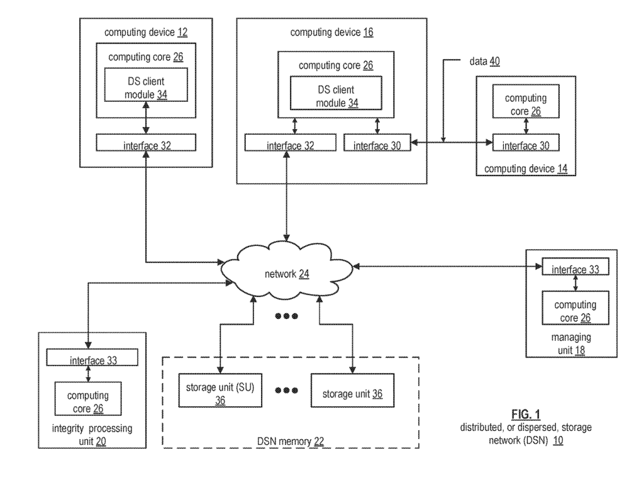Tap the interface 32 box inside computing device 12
click(145, 144)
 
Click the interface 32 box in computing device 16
click(289, 144)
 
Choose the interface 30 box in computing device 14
click(526, 144)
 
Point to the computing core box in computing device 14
click(526, 104)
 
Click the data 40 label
click(484, 62)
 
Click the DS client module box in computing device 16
click(330, 96)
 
